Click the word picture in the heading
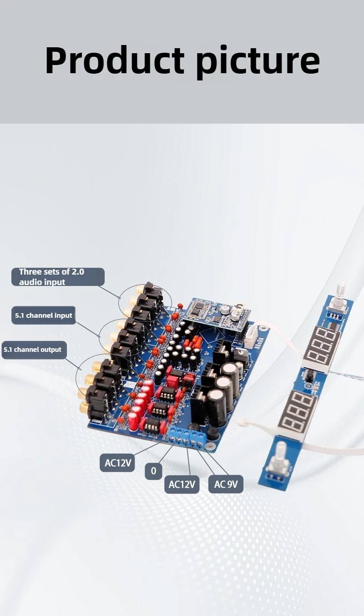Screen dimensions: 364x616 (x=258, y=60)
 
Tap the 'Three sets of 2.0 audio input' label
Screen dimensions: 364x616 (x=58, y=277)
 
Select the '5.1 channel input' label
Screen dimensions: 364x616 (x=44, y=316)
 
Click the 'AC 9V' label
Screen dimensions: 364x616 (x=226, y=484)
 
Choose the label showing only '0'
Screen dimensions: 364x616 (x=153, y=471)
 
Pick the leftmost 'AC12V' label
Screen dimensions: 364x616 (x=117, y=463)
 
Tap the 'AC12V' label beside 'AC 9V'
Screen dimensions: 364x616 (x=182, y=484)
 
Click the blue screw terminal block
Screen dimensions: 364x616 (x=187, y=436)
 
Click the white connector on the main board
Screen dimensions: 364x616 (x=251, y=337)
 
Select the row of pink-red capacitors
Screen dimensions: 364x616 (x=141, y=405)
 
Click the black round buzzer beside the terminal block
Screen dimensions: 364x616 (x=195, y=427)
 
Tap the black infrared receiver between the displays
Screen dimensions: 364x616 (x=309, y=376)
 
